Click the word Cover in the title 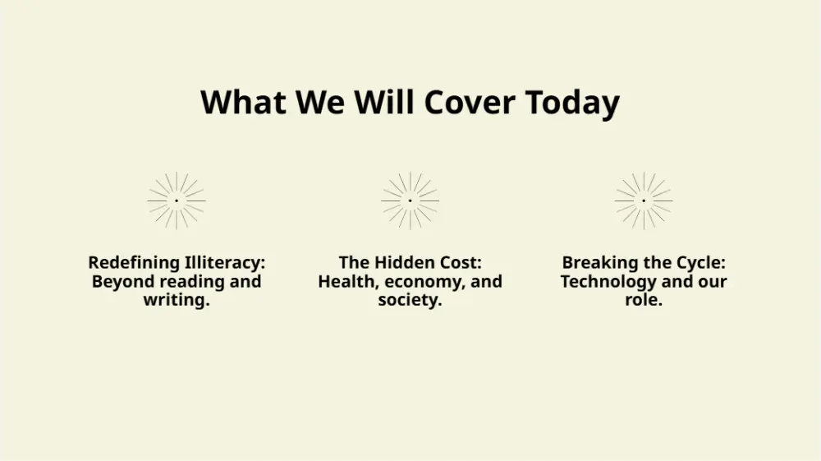469,102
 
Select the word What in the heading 243,102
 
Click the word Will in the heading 383,102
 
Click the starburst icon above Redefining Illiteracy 177,201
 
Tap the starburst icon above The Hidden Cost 410,201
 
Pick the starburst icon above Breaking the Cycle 644,201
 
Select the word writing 177,301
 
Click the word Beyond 123,282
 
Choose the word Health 349,282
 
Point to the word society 410,301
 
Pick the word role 644,300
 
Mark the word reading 192,282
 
